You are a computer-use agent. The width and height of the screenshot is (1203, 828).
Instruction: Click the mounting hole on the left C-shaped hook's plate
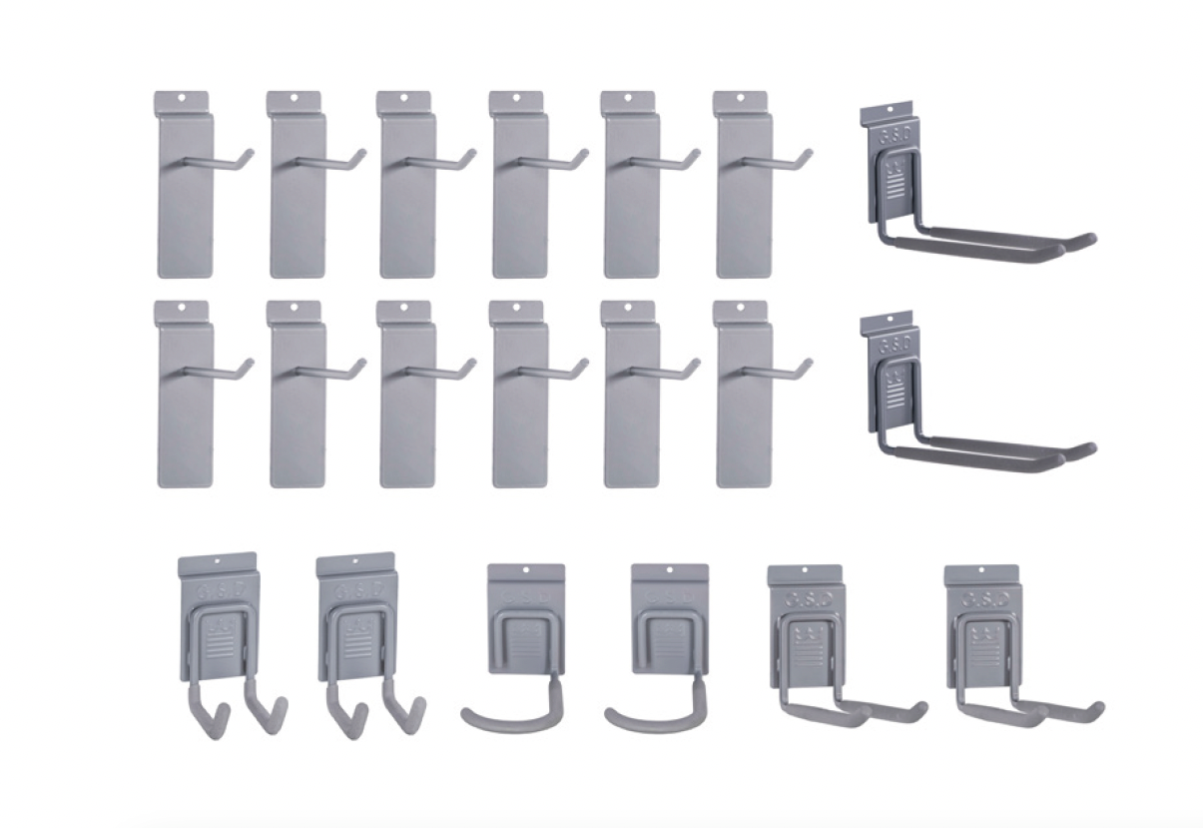tap(526, 571)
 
